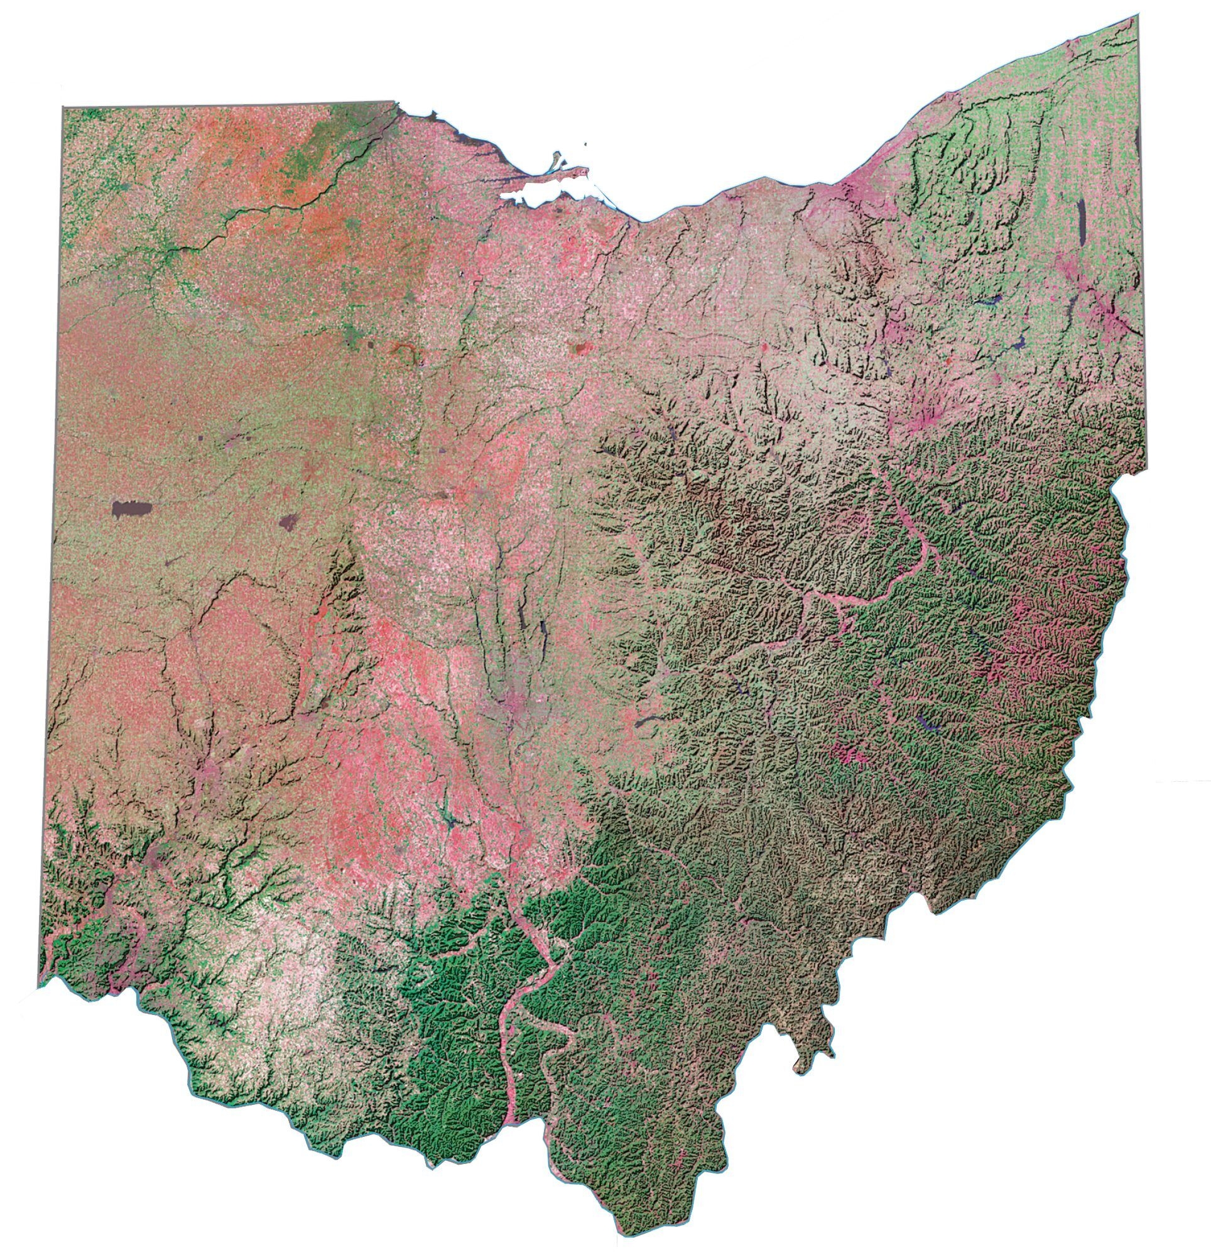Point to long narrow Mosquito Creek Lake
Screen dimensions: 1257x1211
[x=1080, y=221]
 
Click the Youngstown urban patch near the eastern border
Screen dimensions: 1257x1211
[x=1112, y=314]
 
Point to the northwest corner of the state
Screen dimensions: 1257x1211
[x=63, y=108]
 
